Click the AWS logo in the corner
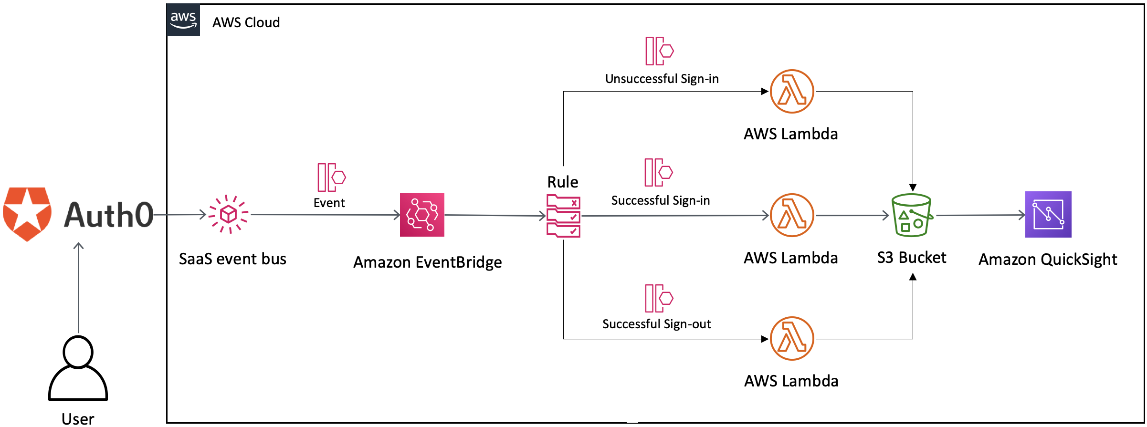tap(183, 20)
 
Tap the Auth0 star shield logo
tap(27, 214)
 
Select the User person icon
tap(78, 368)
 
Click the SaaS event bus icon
tap(229, 214)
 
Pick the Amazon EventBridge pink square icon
tap(422, 215)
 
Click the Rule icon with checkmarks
tap(563, 216)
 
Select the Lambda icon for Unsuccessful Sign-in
tap(792, 92)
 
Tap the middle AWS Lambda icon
tap(792, 215)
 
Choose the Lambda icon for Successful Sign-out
tap(792, 338)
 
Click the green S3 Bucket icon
tap(911, 215)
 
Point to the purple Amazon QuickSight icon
tap(1048, 214)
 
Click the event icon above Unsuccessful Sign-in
tap(659, 51)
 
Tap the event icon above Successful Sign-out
tap(659, 298)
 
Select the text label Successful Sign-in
tap(661, 200)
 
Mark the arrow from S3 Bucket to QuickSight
tap(980, 215)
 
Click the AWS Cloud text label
tap(246, 22)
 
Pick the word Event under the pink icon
tap(329, 203)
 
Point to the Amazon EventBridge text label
tap(427, 262)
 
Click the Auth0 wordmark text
tap(109, 215)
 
